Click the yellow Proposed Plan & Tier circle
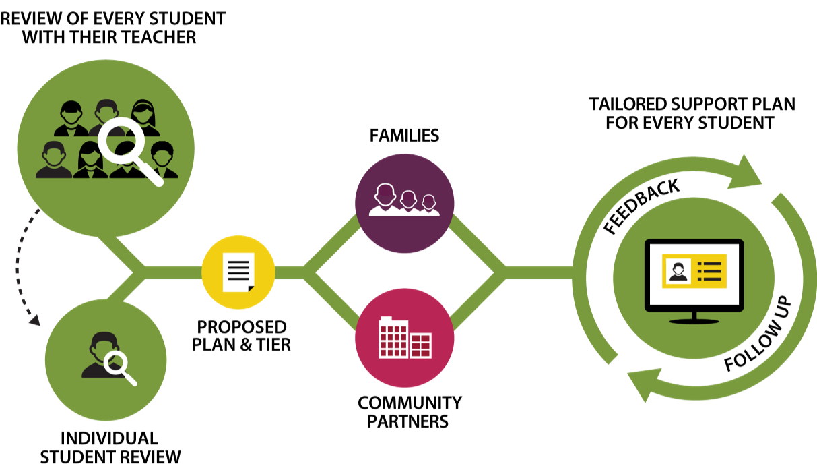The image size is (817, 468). point(238,272)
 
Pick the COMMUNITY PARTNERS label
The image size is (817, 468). point(410,412)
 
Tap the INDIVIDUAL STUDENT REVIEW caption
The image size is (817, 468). point(110,447)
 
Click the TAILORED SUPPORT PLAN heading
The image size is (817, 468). point(692,113)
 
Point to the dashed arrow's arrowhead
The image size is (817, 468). point(34,322)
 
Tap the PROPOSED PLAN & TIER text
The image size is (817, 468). point(241,335)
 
